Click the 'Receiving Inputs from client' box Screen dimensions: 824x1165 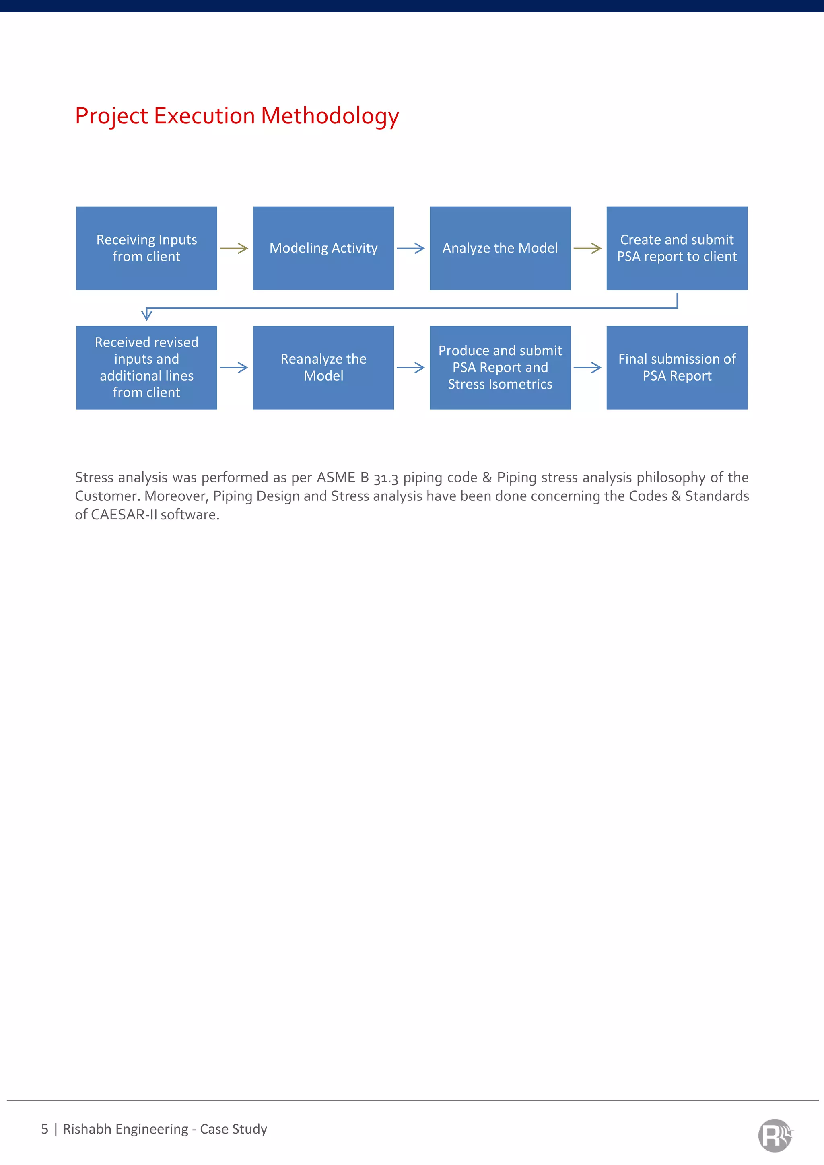coord(146,248)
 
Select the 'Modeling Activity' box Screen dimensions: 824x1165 coord(323,248)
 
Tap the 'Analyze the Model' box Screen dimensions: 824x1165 coord(500,248)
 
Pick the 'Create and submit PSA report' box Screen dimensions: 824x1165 coord(676,248)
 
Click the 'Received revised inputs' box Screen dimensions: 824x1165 coord(146,367)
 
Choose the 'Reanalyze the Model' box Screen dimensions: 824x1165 coord(323,367)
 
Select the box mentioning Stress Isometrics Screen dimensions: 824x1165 coord(500,367)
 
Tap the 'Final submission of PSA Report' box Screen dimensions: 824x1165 coord(676,367)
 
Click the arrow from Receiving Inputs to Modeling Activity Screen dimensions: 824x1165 coord(234,249)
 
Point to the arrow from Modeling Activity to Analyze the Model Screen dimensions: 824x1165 coord(410,249)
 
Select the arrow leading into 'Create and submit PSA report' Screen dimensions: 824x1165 coord(587,249)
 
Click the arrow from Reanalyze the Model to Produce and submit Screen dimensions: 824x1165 coord(410,368)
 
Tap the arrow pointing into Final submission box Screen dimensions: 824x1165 coord(587,368)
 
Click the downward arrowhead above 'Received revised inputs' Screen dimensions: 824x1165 coord(146,314)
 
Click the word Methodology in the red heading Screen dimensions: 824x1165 coord(330,116)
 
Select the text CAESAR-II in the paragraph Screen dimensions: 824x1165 coord(123,515)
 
